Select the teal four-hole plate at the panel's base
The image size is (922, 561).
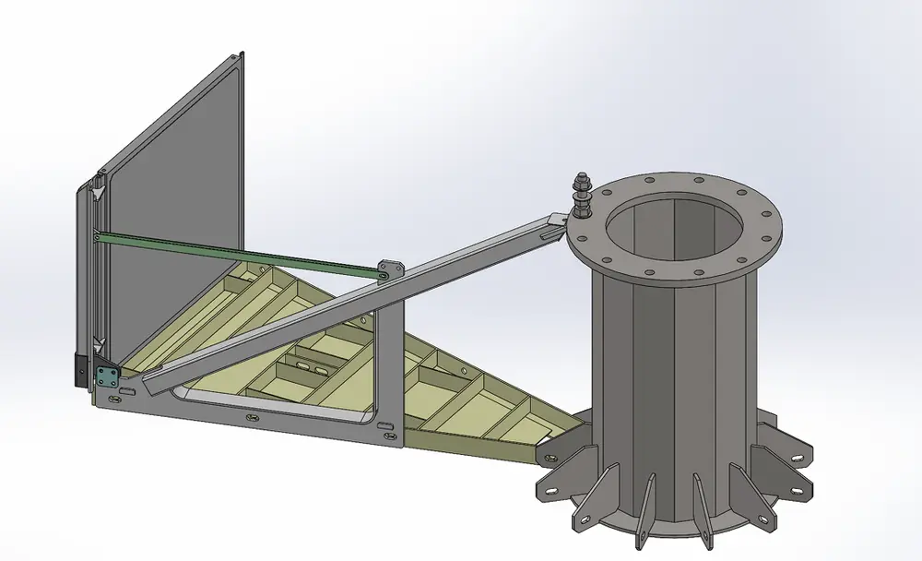(x=107, y=373)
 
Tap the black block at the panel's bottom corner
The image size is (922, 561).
(x=80, y=370)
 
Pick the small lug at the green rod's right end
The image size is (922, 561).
(x=389, y=267)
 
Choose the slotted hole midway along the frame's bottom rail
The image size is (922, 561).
(x=251, y=416)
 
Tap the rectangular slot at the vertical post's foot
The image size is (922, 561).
(x=388, y=425)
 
